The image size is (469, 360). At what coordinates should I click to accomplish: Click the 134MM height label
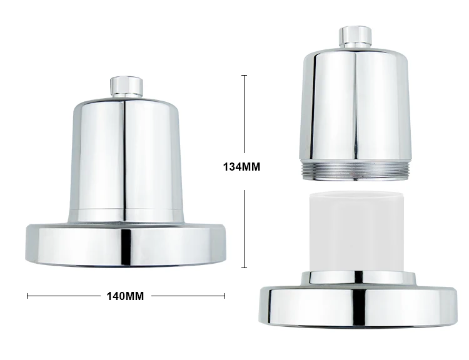click(x=241, y=167)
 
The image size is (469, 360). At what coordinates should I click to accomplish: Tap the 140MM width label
click(x=126, y=296)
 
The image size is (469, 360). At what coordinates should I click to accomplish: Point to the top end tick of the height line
click(x=244, y=76)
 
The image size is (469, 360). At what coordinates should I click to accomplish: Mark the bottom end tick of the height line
click(x=244, y=267)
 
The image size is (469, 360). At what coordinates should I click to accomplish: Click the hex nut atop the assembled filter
click(x=127, y=86)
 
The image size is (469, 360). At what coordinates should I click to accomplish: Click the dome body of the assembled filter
click(x=127, y=156)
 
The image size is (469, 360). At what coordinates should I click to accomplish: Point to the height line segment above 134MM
click(x=244, y=116)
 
